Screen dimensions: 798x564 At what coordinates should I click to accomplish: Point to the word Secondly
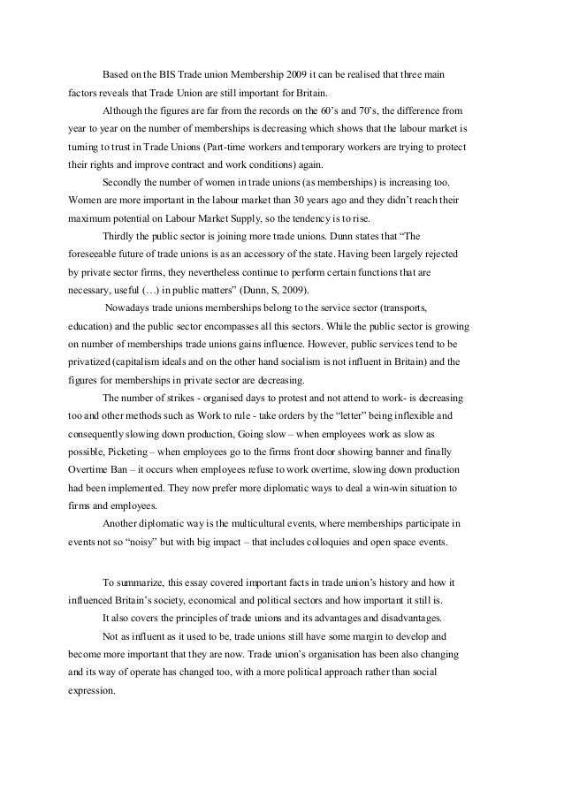pos(124,184)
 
